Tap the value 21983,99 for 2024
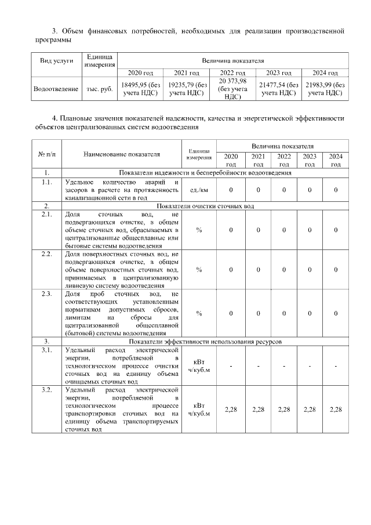tap(325, 89)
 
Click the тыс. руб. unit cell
tap(99, 89)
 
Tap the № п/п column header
tap(46, 155)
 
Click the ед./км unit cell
tap(199, 190)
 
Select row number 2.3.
tap(46, 294)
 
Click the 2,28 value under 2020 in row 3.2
tap(231, 410)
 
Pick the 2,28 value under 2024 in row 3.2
tap(336, 410)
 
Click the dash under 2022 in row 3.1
tap(284, 366)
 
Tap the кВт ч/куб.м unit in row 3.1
tap(199, 366)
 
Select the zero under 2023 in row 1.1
tap(310, 190)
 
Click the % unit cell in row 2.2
tap(199, 270)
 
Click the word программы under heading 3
tap(53, 41)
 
